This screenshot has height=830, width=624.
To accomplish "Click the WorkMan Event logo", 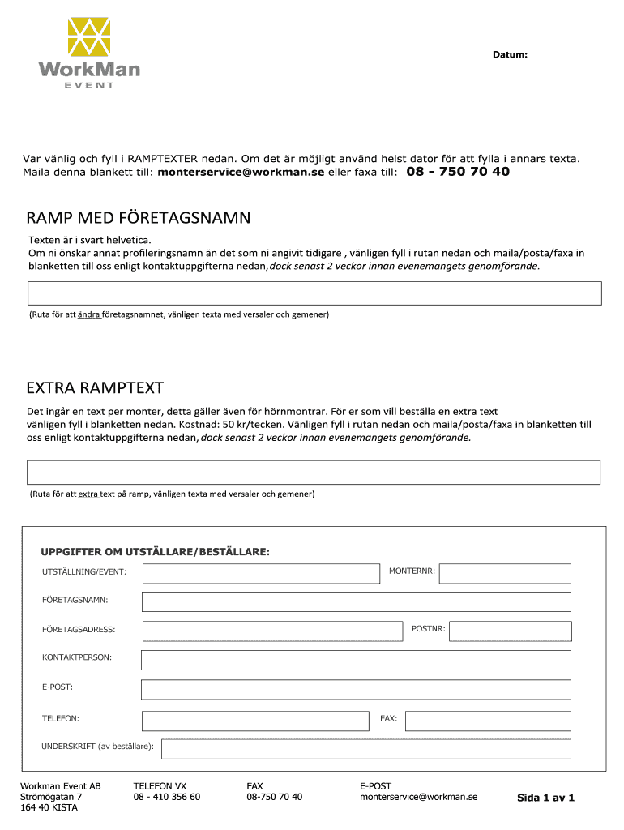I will coord(88,53).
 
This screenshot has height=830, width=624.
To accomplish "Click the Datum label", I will coord(511,55).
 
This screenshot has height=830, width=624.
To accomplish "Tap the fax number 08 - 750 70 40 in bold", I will coord(458,172).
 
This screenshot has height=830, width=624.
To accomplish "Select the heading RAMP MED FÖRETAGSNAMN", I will coord(139,218).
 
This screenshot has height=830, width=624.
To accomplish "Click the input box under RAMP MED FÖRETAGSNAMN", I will coord(314,293).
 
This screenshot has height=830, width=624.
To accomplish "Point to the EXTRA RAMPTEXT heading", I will coord(95,387).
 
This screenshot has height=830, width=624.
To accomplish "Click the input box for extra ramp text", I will coord(314,473).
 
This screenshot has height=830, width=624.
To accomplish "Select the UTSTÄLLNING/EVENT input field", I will coord(261,574).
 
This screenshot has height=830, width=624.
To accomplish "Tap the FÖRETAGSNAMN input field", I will coord(356,601).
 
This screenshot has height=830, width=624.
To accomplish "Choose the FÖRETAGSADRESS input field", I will coord(272,631).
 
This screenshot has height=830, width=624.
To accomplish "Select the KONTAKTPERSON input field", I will coord(356,660).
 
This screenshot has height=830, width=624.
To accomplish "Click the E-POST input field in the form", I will coord(356,689).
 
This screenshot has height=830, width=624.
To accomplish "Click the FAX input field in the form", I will coord(488,721).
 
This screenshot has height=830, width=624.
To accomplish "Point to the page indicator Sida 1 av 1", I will coord(545,798).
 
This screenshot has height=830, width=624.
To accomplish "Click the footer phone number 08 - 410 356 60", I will coord(167,797).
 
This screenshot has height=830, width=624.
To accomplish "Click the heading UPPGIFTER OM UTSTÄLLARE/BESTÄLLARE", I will coord(155,552).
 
